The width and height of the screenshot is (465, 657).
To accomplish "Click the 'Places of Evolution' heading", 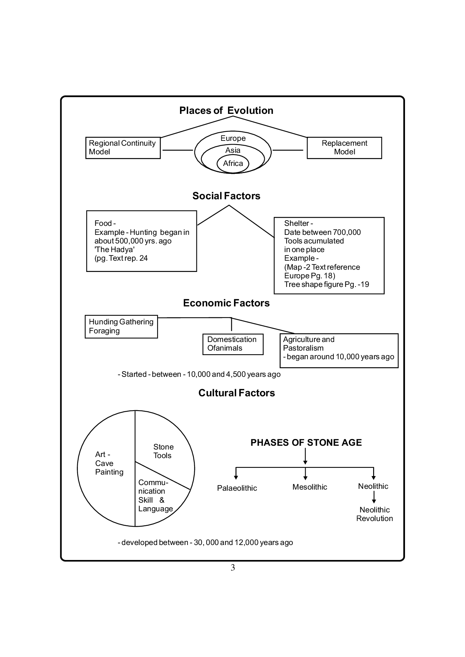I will [x=226, y=110].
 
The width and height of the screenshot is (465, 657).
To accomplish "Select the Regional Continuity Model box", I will [x=123, y=148].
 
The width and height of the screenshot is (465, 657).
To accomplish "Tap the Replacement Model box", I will [x=344, y=148].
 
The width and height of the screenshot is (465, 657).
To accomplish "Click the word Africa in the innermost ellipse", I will [x=233, y=164].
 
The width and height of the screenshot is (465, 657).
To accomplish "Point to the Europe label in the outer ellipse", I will [x=233, y=138].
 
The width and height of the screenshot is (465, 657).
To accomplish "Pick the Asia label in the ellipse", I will [x=233, y=150].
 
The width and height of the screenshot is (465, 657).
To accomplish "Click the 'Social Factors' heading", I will [x=226, y=196].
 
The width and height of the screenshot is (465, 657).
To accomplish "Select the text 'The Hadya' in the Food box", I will [x=114, y=249].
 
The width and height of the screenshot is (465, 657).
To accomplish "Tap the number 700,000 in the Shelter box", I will [x=346, y=232].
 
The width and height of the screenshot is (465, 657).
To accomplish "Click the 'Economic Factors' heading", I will [x=226, y=303].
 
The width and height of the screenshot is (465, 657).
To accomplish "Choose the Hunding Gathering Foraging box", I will [x=121, y=327].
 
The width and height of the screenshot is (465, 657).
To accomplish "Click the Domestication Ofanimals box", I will [x=232, y=344].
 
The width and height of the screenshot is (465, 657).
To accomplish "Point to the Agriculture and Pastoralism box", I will [x=339, y=350].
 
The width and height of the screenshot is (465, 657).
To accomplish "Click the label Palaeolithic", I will [x=237, y=488].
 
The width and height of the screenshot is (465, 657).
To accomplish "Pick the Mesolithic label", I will [x=310, y=487].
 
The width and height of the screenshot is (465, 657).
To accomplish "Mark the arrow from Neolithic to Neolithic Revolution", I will [x=374, y=497].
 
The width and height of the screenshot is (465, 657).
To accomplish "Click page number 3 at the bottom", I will [x=232, y=568].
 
